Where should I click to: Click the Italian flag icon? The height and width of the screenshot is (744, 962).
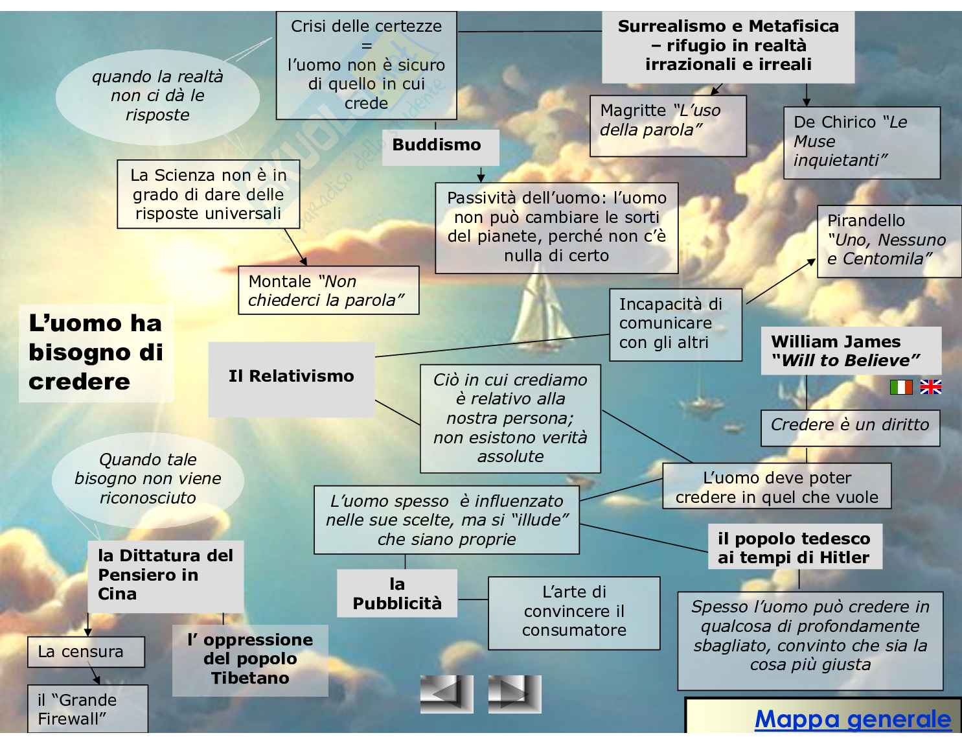pos(901,387)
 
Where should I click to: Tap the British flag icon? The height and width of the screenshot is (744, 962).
pos(930,387)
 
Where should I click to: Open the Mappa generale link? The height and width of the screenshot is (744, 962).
pos(853,719)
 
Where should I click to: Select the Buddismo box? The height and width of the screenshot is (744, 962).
pos(437,145)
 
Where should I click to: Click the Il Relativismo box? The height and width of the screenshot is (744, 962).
pos(292,377)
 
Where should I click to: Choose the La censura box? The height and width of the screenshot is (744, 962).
pos(86,652)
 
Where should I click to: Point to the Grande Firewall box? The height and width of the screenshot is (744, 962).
pos(87,709)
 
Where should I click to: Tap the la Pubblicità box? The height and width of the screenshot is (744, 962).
pos(397,594)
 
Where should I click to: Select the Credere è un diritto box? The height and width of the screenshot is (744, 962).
pos(849,426)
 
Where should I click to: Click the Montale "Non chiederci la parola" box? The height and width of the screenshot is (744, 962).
pos(328,291)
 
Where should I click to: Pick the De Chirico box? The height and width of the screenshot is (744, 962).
pos(861,142)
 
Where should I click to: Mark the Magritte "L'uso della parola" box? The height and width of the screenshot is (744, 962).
pos(667,126)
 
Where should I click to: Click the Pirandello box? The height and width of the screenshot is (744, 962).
pos(888,240)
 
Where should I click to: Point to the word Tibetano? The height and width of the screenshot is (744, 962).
pos(250,678)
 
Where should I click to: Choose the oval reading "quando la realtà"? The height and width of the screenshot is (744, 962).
pos(157,96)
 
